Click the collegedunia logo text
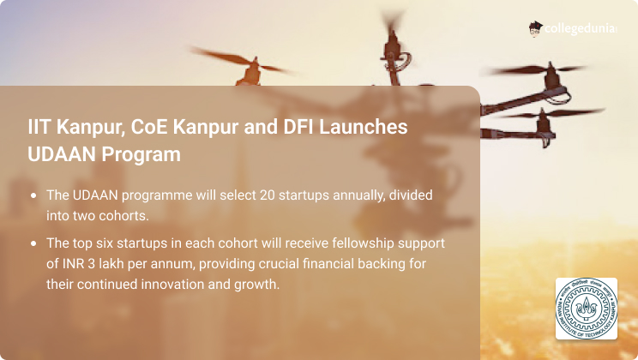pos(581,29)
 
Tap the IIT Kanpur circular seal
pos(587,309)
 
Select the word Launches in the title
pos(363,127)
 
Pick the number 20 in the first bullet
pos(268,195)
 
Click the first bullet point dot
pos(33,195)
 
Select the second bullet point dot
pos(33,243)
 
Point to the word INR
pos(73,264)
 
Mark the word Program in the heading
pos(141,155)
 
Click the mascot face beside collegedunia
pos(535,29)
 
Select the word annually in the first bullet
pos(358,195)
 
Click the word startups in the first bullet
pos(304,195)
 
